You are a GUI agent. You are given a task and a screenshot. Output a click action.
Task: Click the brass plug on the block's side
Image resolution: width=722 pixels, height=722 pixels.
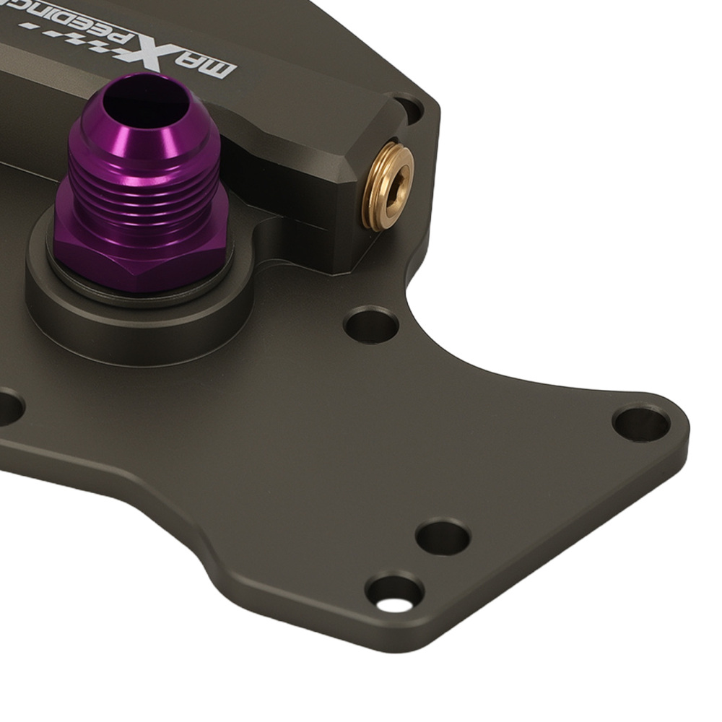pyautogui.click(x=388, y=186)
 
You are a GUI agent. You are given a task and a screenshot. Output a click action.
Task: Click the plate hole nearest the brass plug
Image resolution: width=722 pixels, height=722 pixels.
pyautogui.click(x=371, y=324)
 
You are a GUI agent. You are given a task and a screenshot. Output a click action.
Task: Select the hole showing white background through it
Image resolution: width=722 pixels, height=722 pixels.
pyautogui.click(x=393, y=594)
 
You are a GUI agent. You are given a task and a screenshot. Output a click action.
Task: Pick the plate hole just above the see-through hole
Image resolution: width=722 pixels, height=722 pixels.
pyautogui.click(x=442, y=537)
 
